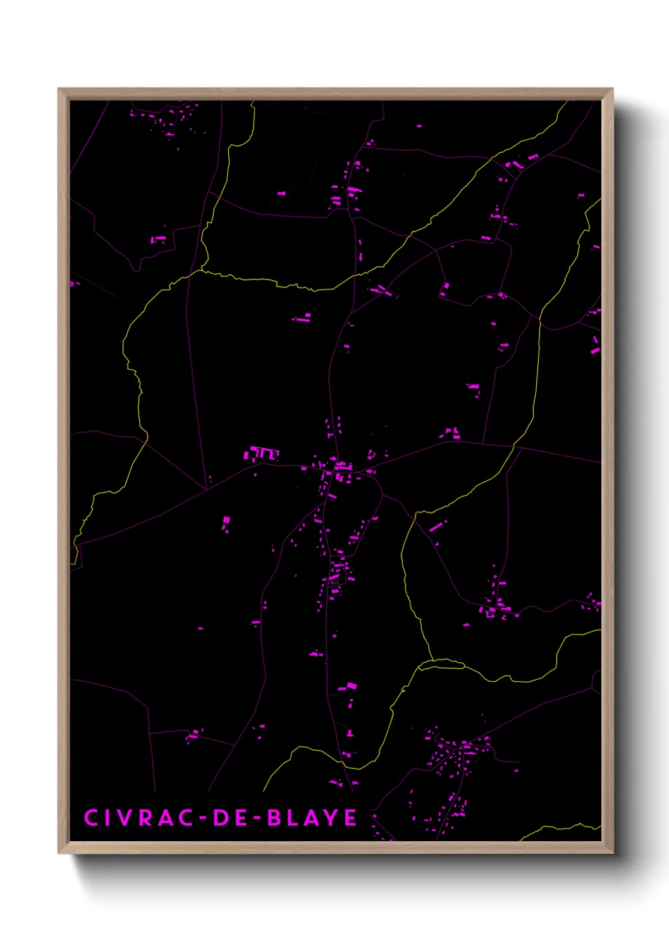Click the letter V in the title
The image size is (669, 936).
pyautogui.click(x=124, y=817)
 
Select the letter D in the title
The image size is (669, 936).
pyautogui.click(x=221, y=817)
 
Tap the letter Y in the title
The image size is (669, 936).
pyautogui.click(x=332, y=817)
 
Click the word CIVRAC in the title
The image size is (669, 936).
pyautogui.click(x=138, y=817)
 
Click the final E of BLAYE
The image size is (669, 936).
pyautogui.click(x=350, y=817)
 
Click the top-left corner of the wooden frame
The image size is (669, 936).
pyautogui.click(x=59, y=89)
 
